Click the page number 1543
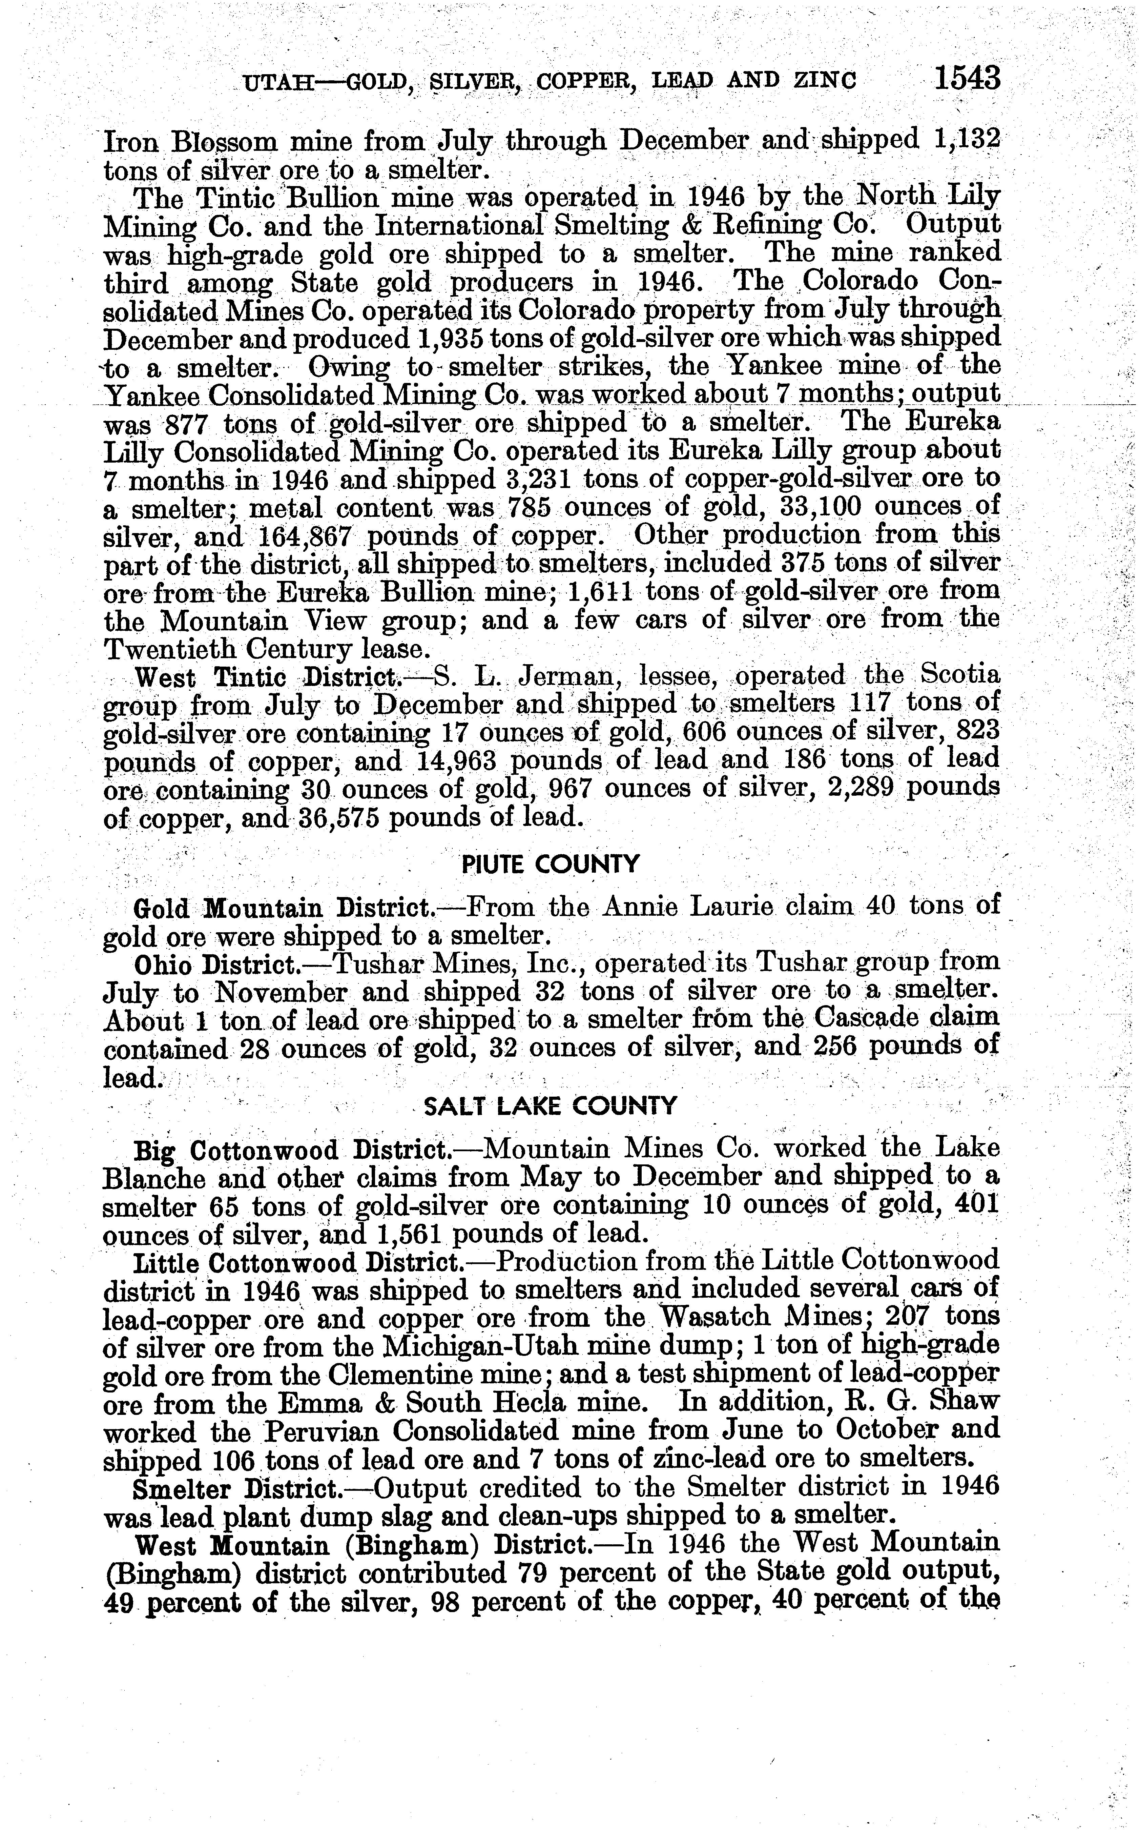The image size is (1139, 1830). [967, 78]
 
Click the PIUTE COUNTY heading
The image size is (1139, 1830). [549, 863]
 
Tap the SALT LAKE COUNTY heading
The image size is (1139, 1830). [551, 1105]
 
